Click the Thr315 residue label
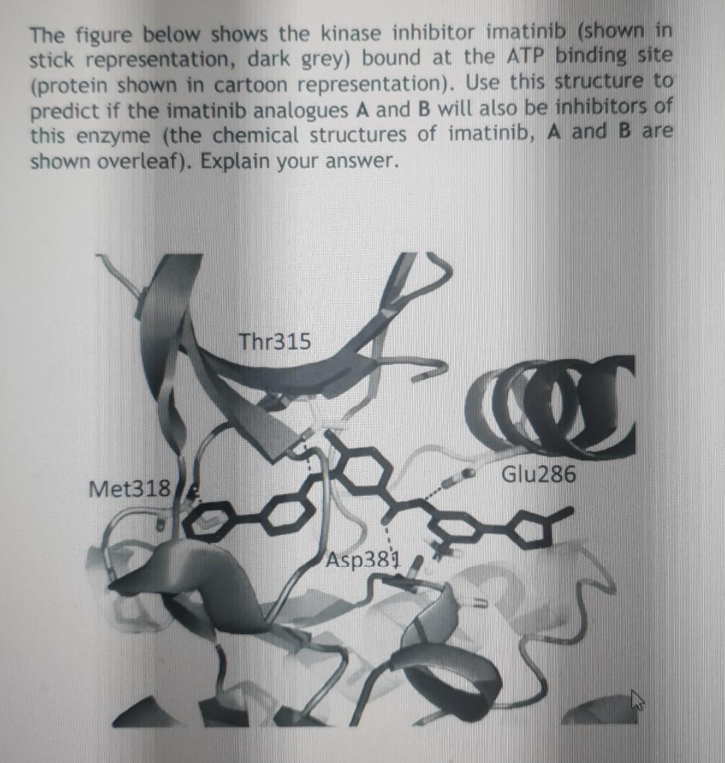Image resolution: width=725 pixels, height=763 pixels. pyautogui.click(x=275, y=342)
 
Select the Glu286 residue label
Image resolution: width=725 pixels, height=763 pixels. pyautogui.click(x=538, y=474)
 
